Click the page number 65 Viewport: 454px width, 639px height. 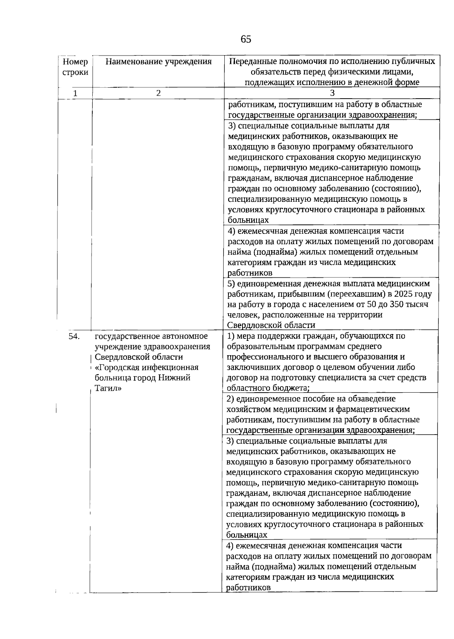click(x=246, y=39)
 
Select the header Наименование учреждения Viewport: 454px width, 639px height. click(x=158, y=62)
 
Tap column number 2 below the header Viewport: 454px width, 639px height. click(x=158, y=93)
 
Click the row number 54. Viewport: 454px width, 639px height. click(x=74, y=336)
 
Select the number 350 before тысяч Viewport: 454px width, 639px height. click(x=390, y=305)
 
